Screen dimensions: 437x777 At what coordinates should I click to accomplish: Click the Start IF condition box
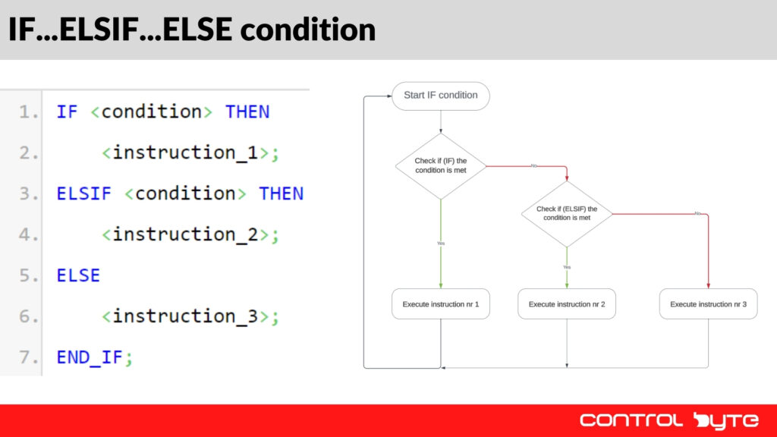441,96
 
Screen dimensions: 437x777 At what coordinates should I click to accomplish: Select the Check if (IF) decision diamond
441,166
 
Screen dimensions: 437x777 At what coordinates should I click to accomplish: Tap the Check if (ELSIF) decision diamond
567,213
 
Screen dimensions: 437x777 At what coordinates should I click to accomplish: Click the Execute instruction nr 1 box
441,303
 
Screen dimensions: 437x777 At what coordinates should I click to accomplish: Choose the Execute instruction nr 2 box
567,303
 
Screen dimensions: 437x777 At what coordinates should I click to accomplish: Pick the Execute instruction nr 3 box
708,303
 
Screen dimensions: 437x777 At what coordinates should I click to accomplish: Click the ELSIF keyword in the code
83,193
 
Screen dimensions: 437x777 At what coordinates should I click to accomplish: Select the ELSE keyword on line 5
78,275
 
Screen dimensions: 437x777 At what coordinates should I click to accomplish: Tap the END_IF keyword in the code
90,357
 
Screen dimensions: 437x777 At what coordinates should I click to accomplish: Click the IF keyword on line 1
67,112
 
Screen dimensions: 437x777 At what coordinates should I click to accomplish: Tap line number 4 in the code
28,234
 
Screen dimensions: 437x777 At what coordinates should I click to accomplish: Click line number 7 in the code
28,357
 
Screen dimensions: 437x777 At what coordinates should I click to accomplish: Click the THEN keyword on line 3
281,193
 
